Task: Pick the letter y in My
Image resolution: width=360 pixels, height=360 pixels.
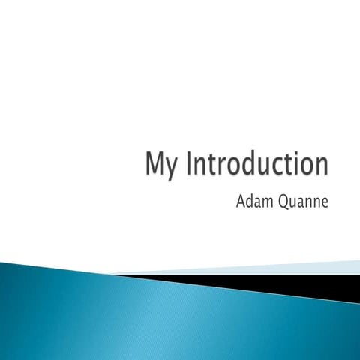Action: coord(172,169)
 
